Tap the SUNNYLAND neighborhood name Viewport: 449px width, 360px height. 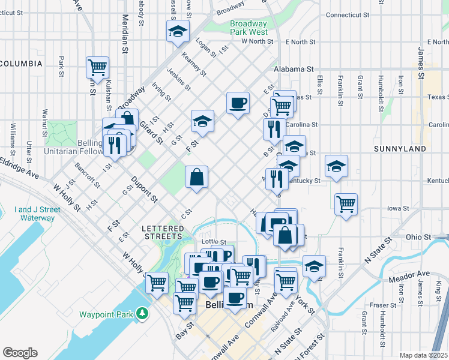tap(399, 148)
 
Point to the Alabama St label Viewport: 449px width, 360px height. tap(294, 69)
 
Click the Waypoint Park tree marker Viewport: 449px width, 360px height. tap(142, 313)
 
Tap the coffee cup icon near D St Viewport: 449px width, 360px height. tap(238, 103)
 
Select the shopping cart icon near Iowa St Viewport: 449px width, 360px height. tap(346, 205)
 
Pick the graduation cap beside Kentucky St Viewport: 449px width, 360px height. tap(336, 167)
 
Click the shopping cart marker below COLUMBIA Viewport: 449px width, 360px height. tap(97, 67)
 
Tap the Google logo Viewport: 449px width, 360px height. tap(20, 353)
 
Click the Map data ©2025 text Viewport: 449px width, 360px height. tap(423, 355)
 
